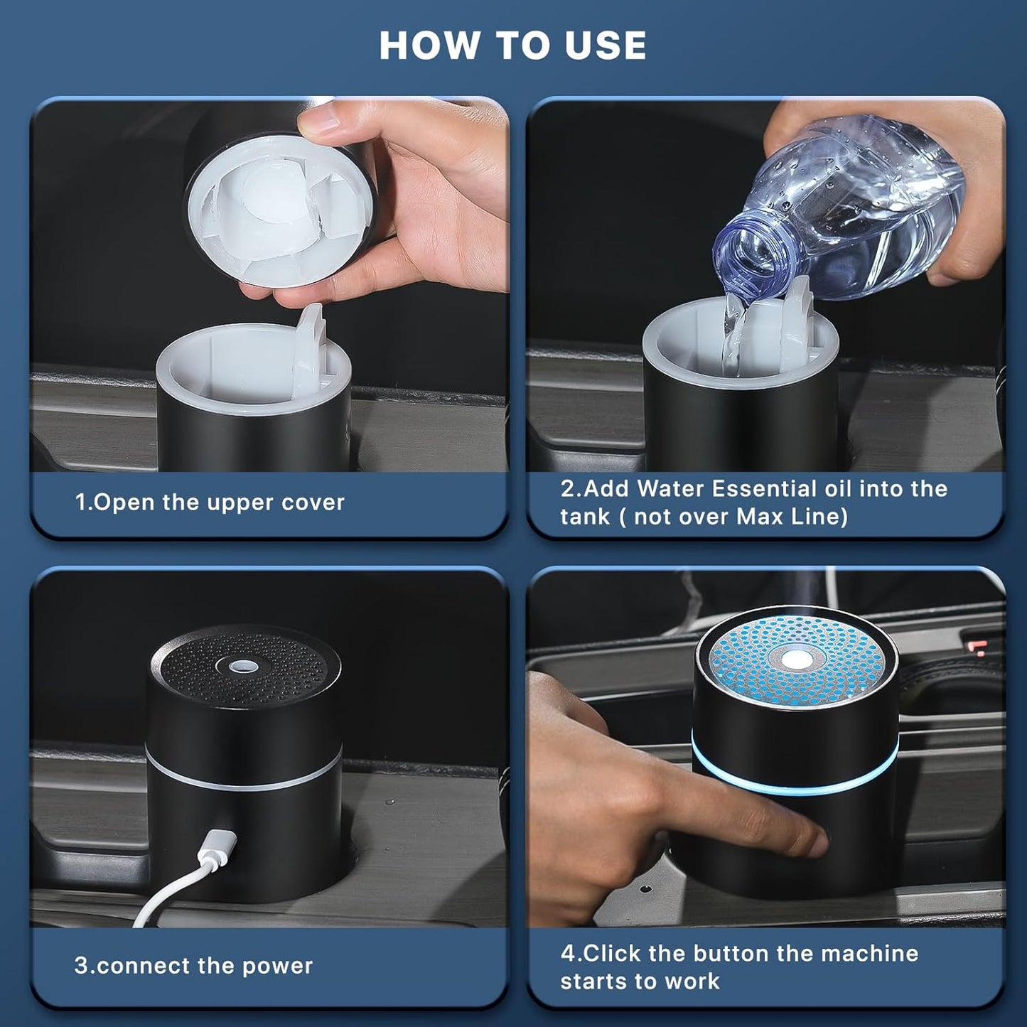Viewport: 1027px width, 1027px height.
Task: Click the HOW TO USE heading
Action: (512, 45)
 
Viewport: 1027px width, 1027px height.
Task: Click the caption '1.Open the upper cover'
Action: (210, 502)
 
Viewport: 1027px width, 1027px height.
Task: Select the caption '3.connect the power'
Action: (193, 966)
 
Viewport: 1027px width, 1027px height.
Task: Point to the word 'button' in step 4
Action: (734, 953)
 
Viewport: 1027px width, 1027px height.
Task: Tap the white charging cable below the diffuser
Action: (163, 896)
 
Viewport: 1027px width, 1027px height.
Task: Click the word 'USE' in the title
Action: (605, 45)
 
